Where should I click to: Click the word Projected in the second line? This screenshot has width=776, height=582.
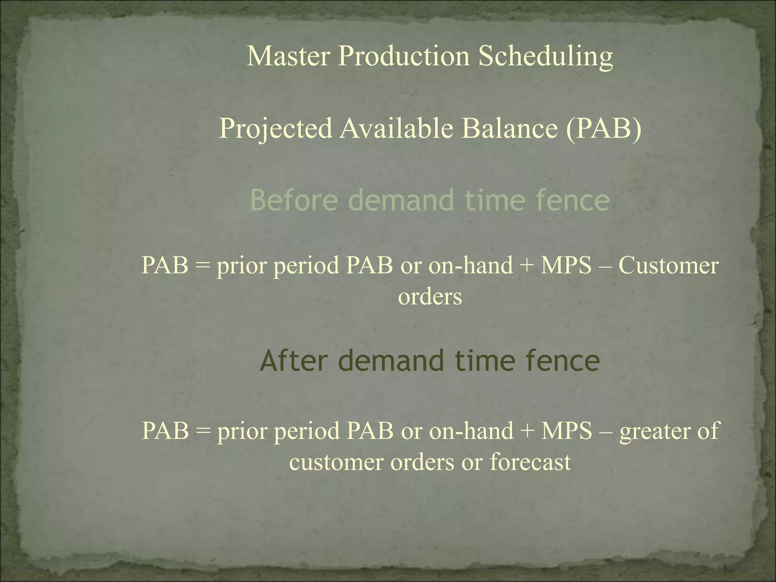point(276,129)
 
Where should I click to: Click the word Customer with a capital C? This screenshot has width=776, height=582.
point(668,265)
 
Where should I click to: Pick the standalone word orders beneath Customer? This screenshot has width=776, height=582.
point(430,296)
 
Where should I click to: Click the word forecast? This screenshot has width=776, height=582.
point(530,462)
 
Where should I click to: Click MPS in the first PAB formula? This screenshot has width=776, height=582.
point(566,265)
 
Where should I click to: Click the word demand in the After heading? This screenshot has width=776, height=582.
point(390,361)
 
